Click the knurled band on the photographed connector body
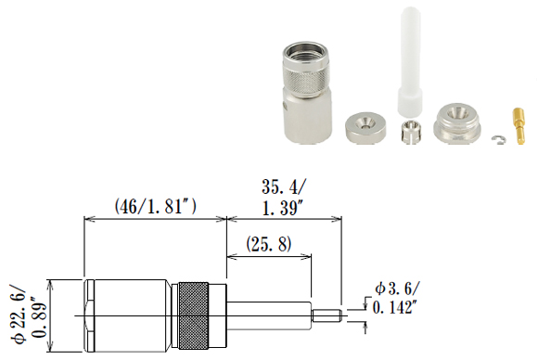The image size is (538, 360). tap(305, 75)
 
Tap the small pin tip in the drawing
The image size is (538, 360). tap(327, 315)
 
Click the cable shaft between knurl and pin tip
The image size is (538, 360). tap(269, 315)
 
